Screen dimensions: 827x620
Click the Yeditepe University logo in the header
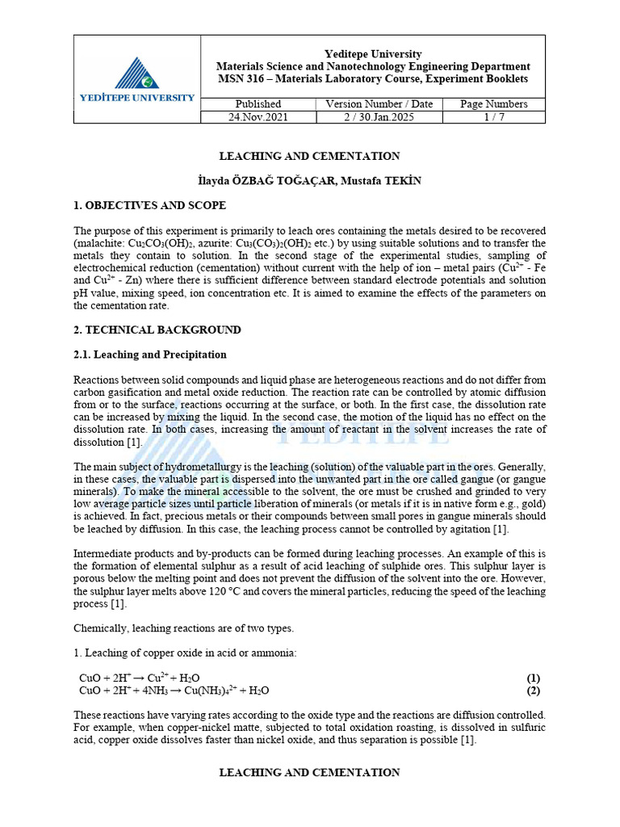pyautogui.click(x=136, y=78)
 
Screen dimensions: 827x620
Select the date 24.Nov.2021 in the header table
pyautogui.click(x=258, y=116)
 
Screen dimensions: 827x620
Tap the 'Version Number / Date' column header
pyautogui.click(x=379, y=103)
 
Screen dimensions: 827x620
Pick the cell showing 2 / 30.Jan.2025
pyautogui.click(x=379, y=116)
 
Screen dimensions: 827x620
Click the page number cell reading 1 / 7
pyautogui.click(x=493, y=116)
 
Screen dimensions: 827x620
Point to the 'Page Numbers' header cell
pyautogui.click(x=493, y=103)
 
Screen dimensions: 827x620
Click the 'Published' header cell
pyautogui.click(x=258, y=103)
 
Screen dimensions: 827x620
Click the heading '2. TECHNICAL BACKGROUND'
pyautogui.click(x=157, y=330)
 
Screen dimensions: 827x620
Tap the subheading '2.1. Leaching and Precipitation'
pyautogui.click(x=150, y=355)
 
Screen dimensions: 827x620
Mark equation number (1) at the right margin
pyautogui.click(x=533, y=678)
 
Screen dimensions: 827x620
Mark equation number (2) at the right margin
pyautogui.click(x=533, y=691)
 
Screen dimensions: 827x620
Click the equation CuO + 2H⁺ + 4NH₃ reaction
pyautogui.click(x=174, y=691)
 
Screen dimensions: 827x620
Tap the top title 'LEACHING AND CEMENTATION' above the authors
pyautogui.click(x=309, y=156)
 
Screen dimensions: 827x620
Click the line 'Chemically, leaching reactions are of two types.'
pyautogui.click(x=183, y=628)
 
